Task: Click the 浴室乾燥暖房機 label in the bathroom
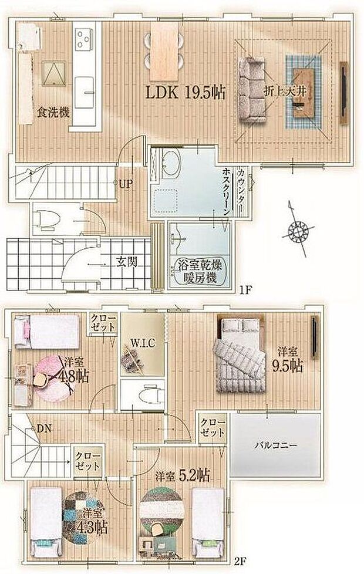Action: pyautogui.click(x=198, y=272)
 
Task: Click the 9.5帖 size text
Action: pyautogui.click(x=288, y=366)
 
